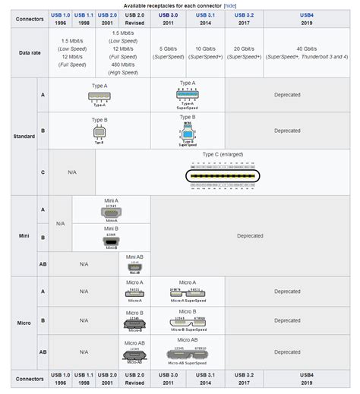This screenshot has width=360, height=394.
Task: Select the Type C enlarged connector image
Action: pos(222,175)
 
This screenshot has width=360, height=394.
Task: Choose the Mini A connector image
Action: pos(112,213)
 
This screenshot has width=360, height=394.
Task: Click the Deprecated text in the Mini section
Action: pos(250,236)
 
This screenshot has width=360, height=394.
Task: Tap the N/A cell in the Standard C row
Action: pos(72,172)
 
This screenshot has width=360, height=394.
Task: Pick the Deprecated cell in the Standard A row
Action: pos(287,96)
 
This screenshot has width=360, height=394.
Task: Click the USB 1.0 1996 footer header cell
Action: pos(60,380)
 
